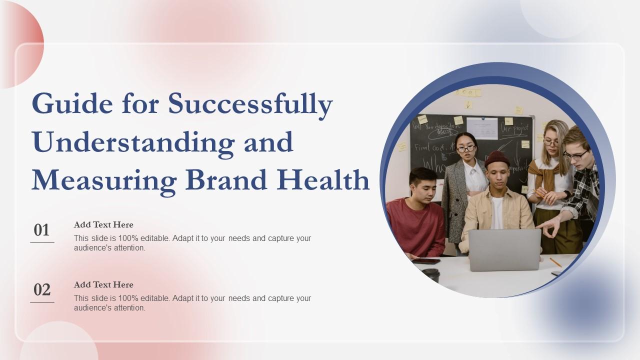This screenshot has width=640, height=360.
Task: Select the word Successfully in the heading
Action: tap(250, 104)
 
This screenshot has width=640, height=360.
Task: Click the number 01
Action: tap(42, 230)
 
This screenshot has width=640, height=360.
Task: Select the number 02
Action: tap(42, 290)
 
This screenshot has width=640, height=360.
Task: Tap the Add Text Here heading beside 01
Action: tap(103, 224)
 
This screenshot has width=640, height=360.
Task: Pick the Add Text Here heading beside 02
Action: tap(103, 284)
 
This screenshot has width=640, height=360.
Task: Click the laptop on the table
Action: tap(504, 249)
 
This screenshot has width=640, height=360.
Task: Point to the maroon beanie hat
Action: tap(497, 159)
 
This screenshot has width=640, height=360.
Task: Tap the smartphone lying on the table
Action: tap(426, 260)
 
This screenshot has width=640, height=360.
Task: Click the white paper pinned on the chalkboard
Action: tap(481, 128)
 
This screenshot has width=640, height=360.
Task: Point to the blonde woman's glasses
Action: tap(551, 142)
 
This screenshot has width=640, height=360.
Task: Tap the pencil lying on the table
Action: tap(555, 262)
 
